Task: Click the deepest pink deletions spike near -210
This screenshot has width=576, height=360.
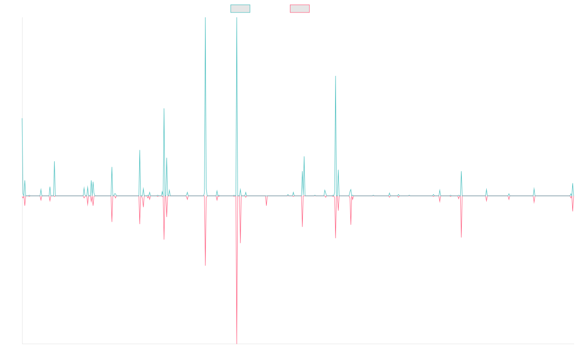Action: click(237, 342)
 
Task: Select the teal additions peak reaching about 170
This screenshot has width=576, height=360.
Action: click(335, 77)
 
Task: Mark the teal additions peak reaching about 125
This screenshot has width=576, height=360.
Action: click(164, 108)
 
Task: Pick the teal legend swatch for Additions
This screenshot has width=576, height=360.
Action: click(240, 9)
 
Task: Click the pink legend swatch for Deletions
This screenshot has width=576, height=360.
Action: click(300, 9)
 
